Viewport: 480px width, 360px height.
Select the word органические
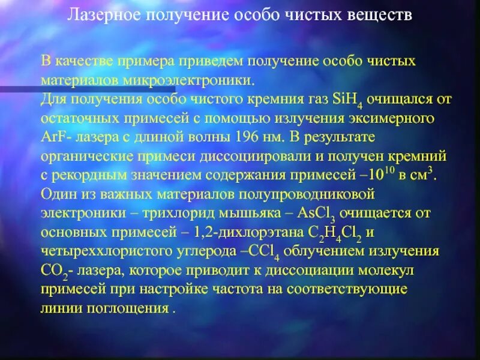coord(84,157)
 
